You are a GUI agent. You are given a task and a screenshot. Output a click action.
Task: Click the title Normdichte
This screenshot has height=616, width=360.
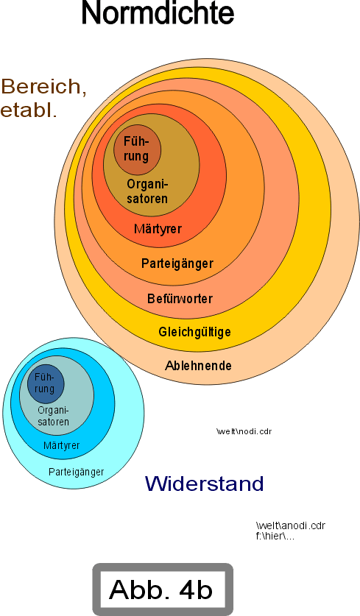tap(158, 13)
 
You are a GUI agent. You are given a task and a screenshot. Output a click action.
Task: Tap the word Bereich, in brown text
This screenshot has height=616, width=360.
tap(43, 87)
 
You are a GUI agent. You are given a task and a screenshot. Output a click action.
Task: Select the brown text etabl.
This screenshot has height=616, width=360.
tap(29, 110)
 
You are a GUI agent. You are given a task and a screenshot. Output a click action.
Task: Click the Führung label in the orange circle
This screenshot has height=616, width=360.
tap(136, 149)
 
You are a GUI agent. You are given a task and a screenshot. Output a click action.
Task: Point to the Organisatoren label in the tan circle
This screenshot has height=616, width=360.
tap(147, 191)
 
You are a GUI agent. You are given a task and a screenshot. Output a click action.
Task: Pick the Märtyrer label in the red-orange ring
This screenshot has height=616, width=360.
tap(158, 229)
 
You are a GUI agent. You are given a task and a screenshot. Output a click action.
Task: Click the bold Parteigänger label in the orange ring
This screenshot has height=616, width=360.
tap(177, 263)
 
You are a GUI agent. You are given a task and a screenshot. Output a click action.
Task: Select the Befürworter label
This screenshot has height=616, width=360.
tap(180, 299)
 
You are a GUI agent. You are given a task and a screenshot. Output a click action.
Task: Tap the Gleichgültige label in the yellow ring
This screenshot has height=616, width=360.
tap(194, 333)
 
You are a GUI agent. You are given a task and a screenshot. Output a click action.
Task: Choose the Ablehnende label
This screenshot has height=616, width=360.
tap(198, 366)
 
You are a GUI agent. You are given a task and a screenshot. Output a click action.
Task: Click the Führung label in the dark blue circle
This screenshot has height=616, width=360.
tap(44, 383)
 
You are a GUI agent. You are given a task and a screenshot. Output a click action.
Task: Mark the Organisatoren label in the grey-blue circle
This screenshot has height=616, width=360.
tap(54, 416)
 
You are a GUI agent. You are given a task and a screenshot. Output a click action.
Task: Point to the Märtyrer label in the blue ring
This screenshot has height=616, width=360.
tap(62, 445)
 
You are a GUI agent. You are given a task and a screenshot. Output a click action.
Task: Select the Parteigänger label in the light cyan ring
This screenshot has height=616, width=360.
tap(77, 472)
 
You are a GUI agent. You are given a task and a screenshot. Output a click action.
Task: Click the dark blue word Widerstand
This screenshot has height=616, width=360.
tap(205, 484)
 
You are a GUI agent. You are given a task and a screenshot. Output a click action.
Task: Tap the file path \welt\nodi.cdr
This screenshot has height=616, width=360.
tap(244, 431)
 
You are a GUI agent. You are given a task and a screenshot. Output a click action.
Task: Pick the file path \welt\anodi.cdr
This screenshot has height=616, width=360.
tap(291, 525)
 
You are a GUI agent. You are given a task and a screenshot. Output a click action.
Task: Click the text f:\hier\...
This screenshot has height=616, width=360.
tap(275, 537)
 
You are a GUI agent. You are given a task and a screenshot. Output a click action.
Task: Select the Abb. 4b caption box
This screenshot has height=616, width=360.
tap(163, 590)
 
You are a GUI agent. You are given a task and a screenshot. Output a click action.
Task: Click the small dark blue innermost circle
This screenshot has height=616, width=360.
tap(46, 384)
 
